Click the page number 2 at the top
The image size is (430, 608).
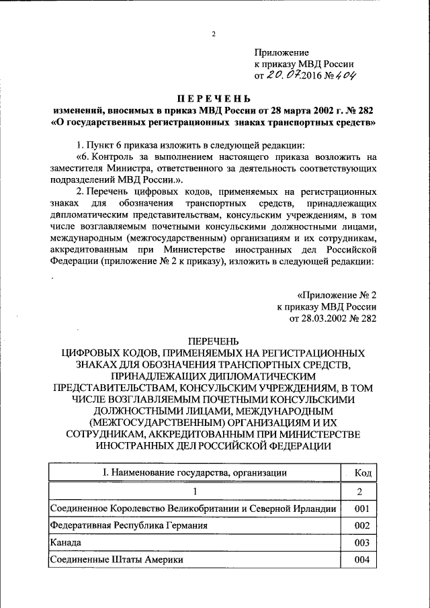point(214,34)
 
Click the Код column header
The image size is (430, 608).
point(363,472)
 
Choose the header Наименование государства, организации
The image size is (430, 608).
point(195,472)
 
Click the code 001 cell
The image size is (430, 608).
point(363,509)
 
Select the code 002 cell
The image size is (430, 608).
point(363,525)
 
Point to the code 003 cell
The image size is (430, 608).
point(363,542)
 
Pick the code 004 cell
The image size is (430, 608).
point(363,559)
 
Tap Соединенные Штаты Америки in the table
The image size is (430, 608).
point(116,559)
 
